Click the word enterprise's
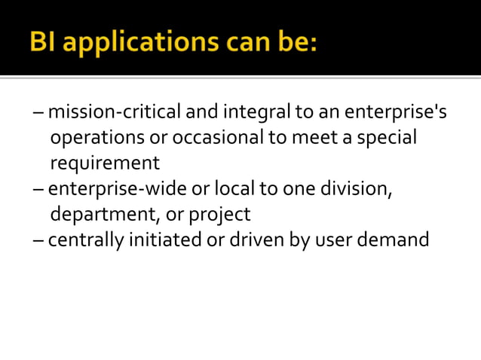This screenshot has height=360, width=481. tap(395, 113)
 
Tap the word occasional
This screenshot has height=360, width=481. tap(221, 138)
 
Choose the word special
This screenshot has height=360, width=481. tap(388, 139)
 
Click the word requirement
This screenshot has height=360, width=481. tap(105, 163)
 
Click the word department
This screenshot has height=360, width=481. tap(104, 215)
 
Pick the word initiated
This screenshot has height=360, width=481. tap(164, 239)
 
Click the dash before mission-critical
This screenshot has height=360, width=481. tap(38, 114)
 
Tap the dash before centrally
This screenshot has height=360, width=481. tap(38, 241)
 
